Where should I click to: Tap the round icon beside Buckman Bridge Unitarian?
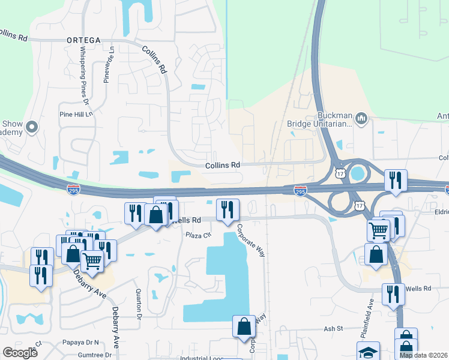coord(361,118)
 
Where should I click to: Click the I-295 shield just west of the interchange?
coord(301,190)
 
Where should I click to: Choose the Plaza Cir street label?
coord(199,235)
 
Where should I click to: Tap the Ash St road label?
coord(333,328)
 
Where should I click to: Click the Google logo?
coord(20,353)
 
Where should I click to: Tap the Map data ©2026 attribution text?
coord(424,355)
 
